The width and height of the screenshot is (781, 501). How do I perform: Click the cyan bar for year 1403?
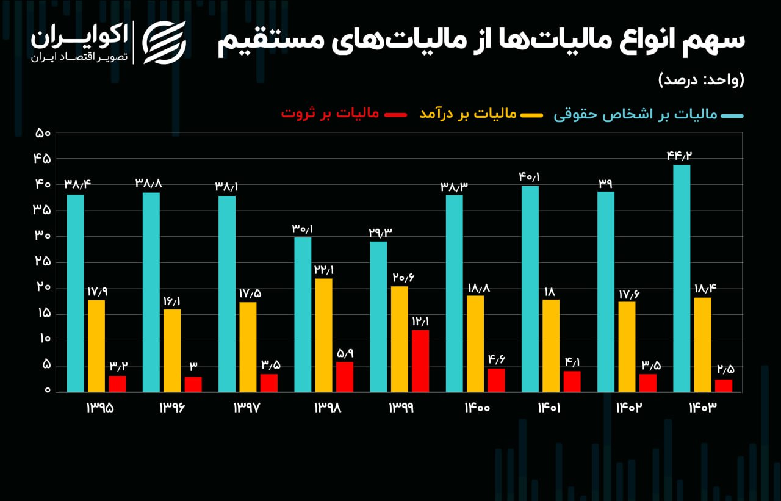tap(682, 278)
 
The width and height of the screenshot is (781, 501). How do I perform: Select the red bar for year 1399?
tap(420, 361)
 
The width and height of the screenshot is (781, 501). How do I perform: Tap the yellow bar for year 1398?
tap(323, 335)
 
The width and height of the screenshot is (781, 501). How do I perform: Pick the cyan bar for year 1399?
tap(378, 317)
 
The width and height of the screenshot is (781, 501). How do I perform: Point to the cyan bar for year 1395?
tap(76, 293)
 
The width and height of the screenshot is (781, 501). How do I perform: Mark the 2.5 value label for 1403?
tap(724, 370)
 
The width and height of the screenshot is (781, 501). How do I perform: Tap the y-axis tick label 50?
tap(42, 132)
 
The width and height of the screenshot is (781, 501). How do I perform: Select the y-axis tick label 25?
tap(42, 262)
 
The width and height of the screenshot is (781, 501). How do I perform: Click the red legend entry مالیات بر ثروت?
tap(329, 114)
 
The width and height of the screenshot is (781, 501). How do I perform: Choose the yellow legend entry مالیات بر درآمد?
tap(468, 114)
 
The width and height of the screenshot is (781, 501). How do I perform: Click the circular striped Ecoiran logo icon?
tap(164, 43)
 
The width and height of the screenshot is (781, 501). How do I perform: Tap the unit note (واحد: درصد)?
tap(701, 80)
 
